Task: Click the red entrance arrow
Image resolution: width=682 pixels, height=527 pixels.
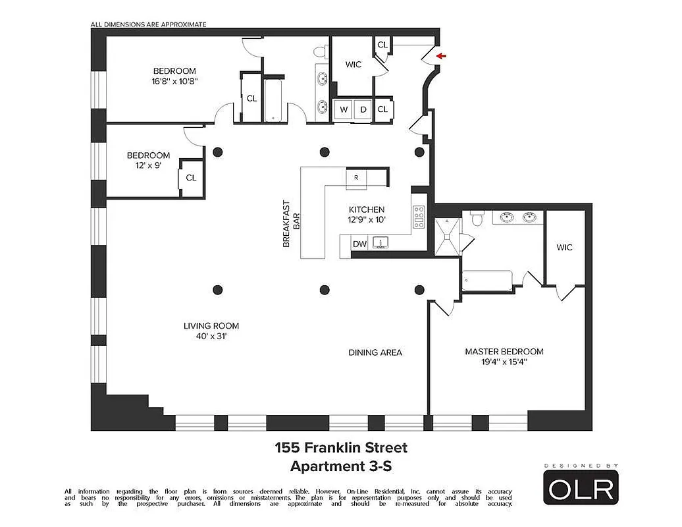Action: tap(440, 57)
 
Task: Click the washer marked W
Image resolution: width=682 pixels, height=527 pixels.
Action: tap(344, 109)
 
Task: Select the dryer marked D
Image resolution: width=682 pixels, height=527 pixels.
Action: tap(363, 109)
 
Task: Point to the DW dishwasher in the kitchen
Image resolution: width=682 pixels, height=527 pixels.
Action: tap(359, 244)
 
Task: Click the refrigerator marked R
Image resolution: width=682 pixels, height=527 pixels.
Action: tap(356, 177)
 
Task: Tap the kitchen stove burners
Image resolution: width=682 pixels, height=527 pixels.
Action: tap(419, 217)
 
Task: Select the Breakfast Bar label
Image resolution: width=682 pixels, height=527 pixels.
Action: tap(290, 224)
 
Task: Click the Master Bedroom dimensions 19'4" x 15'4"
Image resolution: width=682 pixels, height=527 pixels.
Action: tap(504, 362)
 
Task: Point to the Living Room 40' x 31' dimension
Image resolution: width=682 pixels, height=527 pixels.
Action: tap(211, 336)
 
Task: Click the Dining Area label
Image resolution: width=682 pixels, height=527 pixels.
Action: tap(375, 352)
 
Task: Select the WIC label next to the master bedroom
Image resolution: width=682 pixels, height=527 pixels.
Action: tap(564, 248)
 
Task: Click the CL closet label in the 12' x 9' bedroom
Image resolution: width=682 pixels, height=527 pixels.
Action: tap(191, 177)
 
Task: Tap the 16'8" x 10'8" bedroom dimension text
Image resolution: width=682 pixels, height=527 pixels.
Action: tap(174, 82)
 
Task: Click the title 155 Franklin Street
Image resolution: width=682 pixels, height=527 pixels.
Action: tap(340, 448)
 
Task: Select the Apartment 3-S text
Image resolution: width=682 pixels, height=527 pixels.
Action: tap(340, 466)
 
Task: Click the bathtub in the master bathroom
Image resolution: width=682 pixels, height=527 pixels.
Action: tap(487, 281)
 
